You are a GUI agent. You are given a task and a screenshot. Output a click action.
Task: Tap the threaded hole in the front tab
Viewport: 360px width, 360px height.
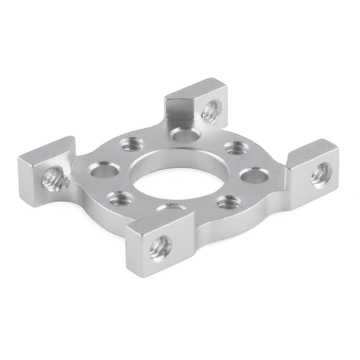tap(160, 248)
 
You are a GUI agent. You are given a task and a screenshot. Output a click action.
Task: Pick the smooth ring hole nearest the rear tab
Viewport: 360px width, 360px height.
tap(186, 135)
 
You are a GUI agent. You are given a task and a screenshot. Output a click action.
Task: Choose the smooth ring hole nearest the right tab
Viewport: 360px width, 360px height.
tap(254, 176)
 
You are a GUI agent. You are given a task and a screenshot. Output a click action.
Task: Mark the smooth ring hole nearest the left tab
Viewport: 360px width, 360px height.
tap(104, 169)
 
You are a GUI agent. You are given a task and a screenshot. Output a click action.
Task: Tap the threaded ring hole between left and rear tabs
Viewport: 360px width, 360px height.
tap(132, 145)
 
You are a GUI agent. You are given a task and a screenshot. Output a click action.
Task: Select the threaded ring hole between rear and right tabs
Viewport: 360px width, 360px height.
tap(236, 148)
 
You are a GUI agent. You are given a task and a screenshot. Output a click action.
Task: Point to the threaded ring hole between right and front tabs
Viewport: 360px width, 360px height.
tap(228, 202)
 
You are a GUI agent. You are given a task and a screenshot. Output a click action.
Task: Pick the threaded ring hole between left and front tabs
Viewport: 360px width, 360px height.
tap(120, 198)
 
